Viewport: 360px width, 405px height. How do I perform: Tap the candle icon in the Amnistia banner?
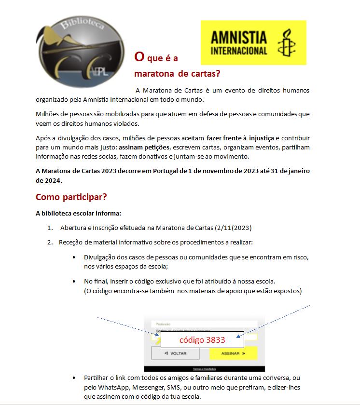(285, 43)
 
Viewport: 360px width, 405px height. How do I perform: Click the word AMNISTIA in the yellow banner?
(239, 38)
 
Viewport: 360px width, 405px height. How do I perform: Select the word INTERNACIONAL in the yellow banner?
(239, 50)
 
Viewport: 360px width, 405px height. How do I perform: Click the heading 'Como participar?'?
(71, 198)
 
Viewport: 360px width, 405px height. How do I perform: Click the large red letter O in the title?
(139, 57)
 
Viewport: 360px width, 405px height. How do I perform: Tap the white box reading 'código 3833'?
(202, 339)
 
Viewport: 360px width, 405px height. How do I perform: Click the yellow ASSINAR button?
(233, 353)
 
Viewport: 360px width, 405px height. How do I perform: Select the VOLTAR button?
(175, 353)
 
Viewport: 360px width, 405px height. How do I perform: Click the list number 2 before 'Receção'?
(50, 242)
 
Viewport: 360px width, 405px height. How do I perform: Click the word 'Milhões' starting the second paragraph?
(47, 114)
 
